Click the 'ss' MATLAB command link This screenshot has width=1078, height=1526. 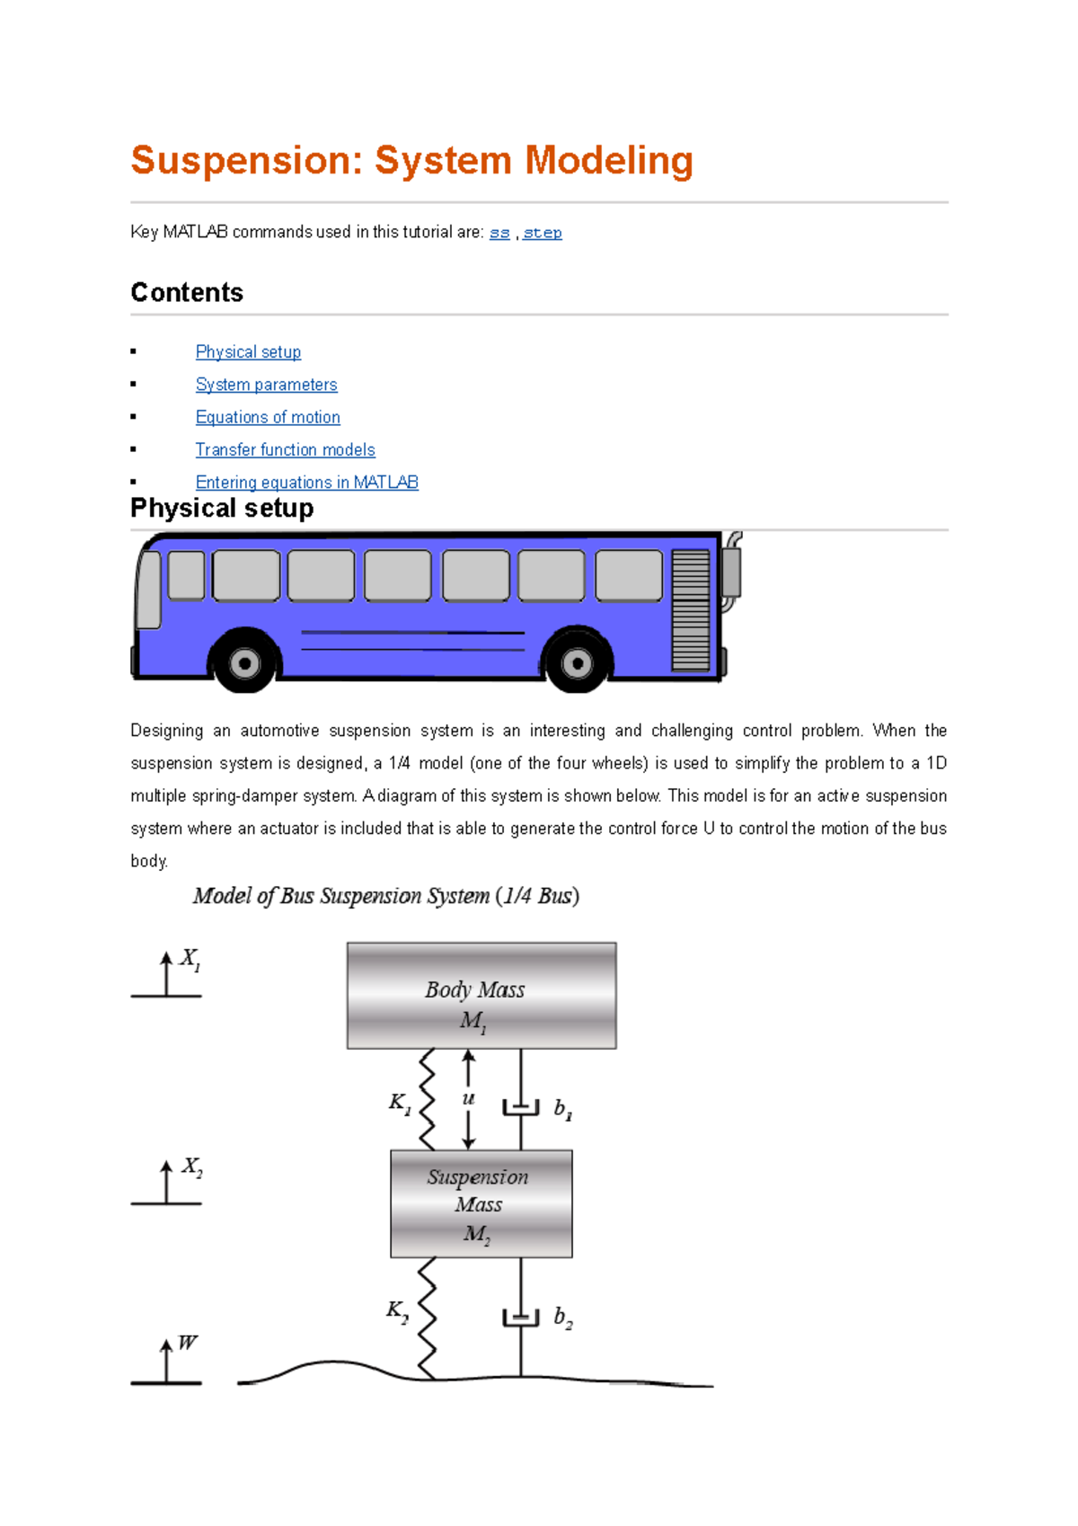[x=499, y=233]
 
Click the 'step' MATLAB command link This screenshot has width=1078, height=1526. [x=542, y=233]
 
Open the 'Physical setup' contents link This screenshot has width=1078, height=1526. [x=248, y=352]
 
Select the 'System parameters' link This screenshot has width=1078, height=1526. [x=266, y=385]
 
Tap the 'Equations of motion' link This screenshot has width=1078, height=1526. [x=268, y=417]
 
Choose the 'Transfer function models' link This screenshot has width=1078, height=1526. [x=285, y=449]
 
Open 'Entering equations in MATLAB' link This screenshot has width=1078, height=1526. [x=306, y=483]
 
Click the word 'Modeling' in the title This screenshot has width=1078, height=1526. [x=608, y=161]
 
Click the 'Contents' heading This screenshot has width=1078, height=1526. [x=187, y=293]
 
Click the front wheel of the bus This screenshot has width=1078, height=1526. [x=244, y=663]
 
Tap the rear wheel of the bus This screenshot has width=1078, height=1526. [x=577, y=663]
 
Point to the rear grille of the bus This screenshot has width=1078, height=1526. [x=690, y=610]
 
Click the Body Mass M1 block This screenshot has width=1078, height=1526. [x=482, y=996]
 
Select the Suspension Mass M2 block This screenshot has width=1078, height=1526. [x=482, y=1203]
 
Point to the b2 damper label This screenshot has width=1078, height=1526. [x=563, y=1318]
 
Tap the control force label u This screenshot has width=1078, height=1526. [x=468, y=1099]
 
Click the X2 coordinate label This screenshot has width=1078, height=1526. [x=192, y=1167]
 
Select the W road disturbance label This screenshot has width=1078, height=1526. [x=187, y=1343]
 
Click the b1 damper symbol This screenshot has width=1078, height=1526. [x=521, y=1107]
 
